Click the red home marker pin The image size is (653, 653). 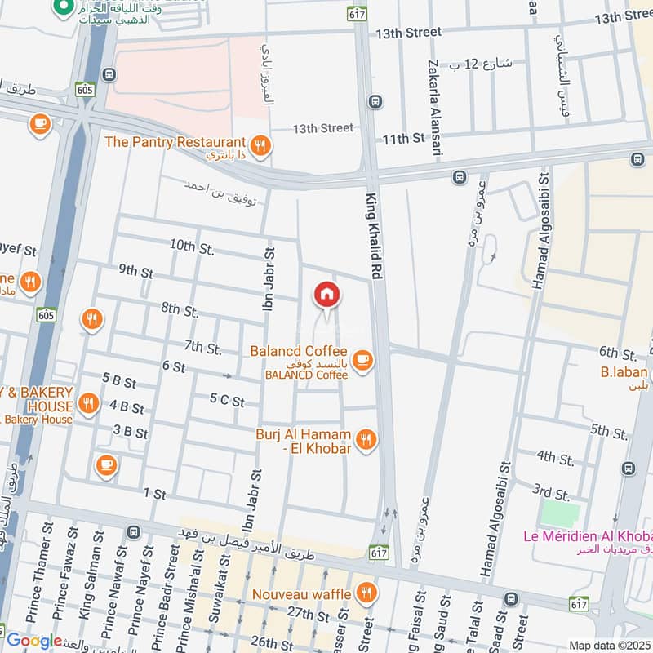point(326,295)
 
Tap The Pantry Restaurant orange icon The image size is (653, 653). point(260,147)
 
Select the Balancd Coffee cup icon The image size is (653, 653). point(363,360)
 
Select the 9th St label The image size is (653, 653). point(135,271)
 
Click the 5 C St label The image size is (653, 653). point(227,400)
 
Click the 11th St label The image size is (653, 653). point(406,140)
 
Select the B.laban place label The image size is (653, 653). point(624,372)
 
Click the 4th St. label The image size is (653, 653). point(557,455)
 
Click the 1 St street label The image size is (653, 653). point(154,494)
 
